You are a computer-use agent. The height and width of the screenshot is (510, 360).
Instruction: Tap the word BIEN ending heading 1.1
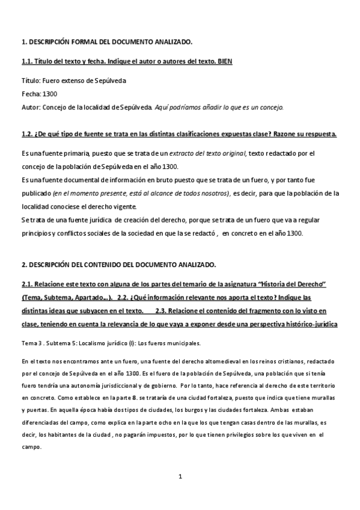224,61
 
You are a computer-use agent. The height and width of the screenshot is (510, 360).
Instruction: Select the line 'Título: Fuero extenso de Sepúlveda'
73,81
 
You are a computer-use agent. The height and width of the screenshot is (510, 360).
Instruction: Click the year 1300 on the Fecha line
50,94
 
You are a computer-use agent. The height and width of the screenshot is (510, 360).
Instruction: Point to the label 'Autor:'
31,107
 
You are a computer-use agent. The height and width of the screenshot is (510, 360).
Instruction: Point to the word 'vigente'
138,206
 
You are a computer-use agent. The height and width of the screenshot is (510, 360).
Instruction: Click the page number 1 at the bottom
180,477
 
